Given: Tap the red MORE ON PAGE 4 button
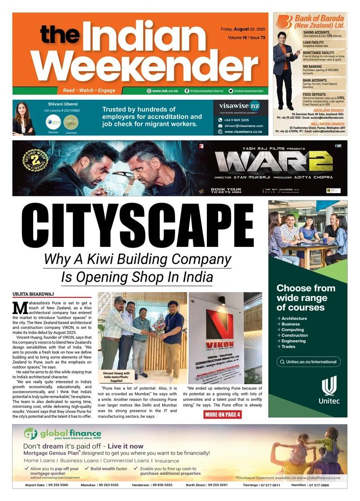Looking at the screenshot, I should pos(223,414).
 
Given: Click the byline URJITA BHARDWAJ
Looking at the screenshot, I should pos(33,293).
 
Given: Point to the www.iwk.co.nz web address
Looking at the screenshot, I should pos(163,91).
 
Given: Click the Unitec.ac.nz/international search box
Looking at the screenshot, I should pos(308,361).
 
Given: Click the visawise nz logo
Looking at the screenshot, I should pos(240,107).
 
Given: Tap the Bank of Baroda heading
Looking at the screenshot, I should pos(317,21).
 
